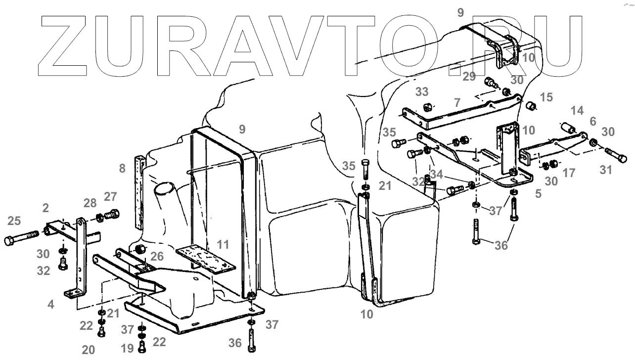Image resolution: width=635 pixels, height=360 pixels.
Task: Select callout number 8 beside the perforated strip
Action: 122,168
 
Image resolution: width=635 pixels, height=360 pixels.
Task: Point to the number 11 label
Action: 224,244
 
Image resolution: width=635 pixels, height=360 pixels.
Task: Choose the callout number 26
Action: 157,256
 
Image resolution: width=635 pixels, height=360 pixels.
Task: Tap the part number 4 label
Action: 51,305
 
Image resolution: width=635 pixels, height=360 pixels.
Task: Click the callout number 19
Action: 127,349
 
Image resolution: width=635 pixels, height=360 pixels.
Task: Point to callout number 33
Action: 421,92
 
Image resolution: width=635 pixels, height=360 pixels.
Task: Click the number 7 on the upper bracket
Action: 457,103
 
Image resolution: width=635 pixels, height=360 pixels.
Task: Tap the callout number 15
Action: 546,98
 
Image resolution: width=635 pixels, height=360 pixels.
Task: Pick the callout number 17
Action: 569,174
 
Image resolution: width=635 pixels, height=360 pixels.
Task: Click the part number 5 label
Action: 538,194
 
